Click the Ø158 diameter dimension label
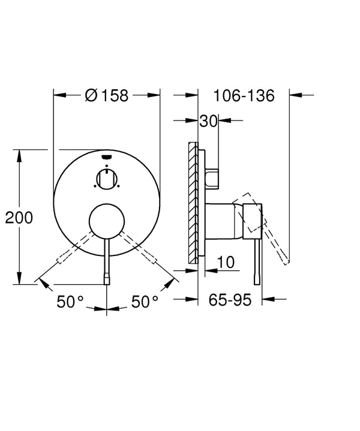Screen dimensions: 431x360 [107, 95]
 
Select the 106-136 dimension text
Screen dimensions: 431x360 [244, 95]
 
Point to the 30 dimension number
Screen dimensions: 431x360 [208, 120]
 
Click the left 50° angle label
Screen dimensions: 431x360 [70, 302]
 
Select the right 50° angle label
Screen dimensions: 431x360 [145, 302]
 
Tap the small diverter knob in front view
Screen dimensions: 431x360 [106, 178]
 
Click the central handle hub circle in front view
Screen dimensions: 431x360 [107, 219]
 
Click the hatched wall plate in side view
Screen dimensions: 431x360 [193, 201]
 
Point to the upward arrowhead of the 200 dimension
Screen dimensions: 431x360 [20, 154]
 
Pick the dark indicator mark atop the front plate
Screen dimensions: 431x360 [107, 157]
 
